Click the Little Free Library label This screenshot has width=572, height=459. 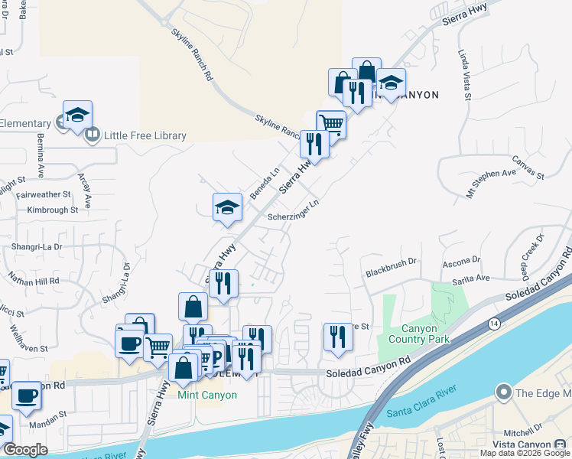145,136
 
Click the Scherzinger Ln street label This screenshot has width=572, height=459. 293,211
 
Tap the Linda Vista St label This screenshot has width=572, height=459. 464,76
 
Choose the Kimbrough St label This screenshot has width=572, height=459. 53,209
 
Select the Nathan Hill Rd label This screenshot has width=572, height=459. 33,282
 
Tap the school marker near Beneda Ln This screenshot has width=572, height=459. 227,207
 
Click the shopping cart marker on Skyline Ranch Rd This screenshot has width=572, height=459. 331,122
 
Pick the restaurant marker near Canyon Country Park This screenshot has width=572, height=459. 337,337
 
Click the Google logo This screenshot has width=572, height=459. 25,450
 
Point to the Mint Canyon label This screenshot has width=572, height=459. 207,395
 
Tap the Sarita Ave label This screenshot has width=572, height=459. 473,278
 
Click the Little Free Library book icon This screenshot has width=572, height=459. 93,136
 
